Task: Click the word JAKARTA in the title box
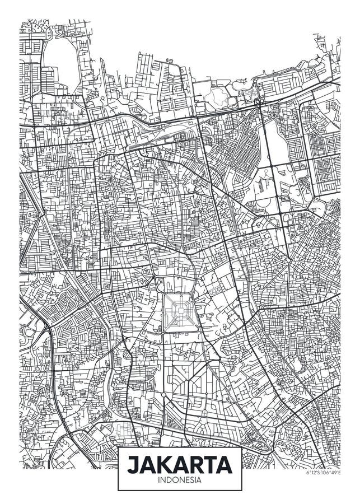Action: pyautogui.click(x=180, y=464)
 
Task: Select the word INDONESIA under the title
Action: pyautogui.click(x=180, y=480)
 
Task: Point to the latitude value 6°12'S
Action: pyautogui.click(x=314, y=472)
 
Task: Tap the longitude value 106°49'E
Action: pyautogui.click(x=331, y=472)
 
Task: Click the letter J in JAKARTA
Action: pyautogui.click(x=133, y=464)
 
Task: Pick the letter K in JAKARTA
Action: pyautogui.click(x=165, y=464)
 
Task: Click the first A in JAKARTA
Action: pyautogui.click(x=148, y=464)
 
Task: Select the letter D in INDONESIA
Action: pyautogui.click(x=169, y=480)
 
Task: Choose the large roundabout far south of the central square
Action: pyautogui.click(x=163, y=394)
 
